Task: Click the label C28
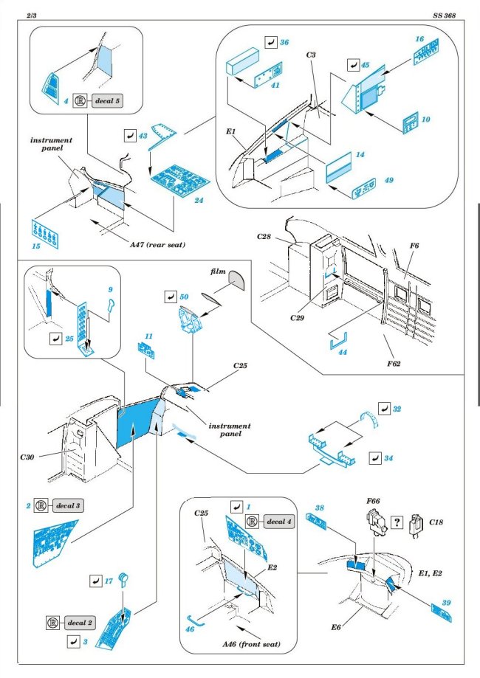click(267, 237)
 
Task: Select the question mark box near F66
click(398, 521)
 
